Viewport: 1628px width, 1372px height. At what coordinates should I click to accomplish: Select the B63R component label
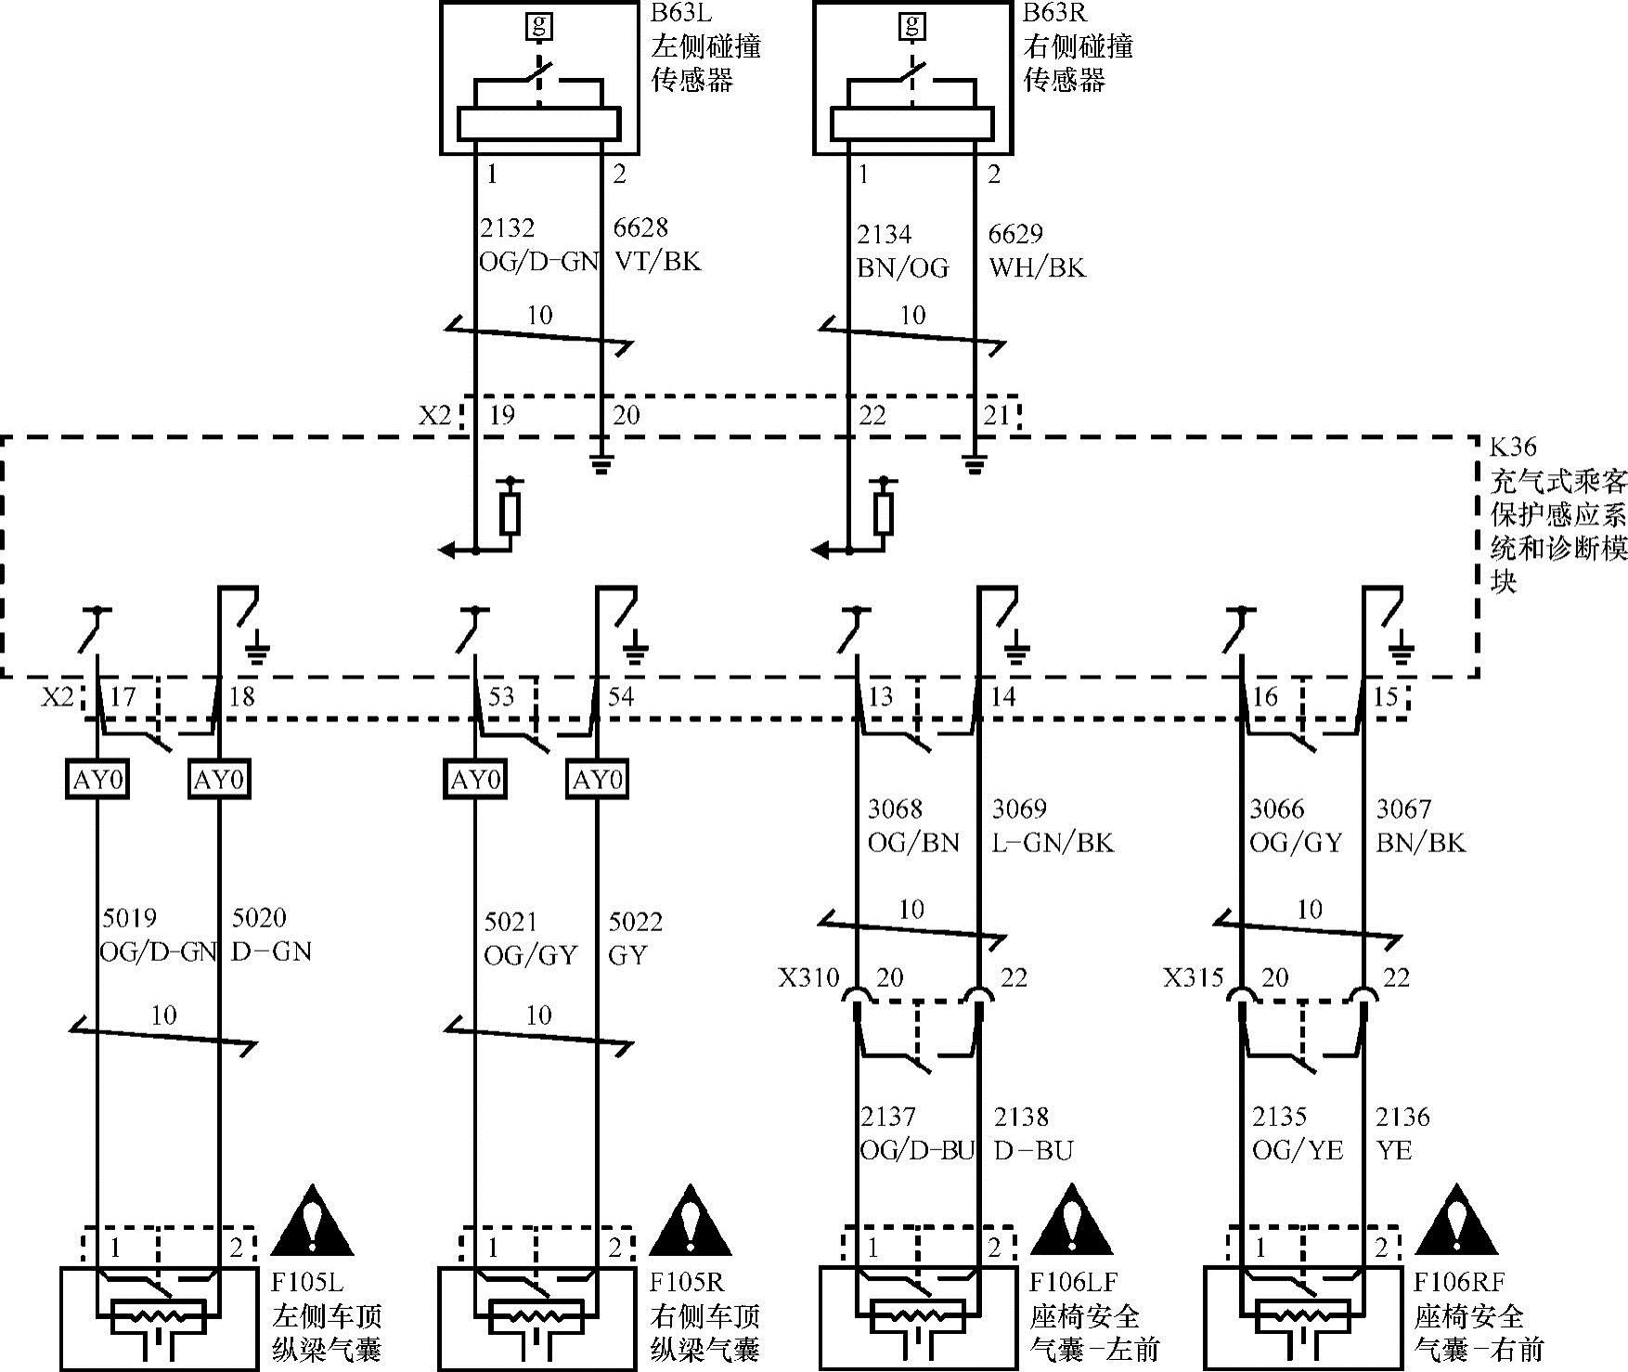1054,13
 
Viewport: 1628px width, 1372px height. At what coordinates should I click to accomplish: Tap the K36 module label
1514,447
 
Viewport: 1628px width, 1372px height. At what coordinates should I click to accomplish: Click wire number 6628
640,228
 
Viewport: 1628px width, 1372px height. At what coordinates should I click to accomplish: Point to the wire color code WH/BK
1037,268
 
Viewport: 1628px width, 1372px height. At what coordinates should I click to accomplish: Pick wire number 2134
885,234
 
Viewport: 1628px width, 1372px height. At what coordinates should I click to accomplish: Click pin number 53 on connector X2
500,696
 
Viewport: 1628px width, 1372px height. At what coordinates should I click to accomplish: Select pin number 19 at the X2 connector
501,415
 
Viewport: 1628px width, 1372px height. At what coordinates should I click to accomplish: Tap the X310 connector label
808,977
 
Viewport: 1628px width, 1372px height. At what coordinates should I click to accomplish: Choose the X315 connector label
1194,977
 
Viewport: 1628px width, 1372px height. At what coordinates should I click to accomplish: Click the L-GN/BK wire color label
1053,843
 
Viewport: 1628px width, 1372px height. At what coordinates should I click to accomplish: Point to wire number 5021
510,922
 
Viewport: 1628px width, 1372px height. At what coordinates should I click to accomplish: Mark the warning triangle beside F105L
313,1219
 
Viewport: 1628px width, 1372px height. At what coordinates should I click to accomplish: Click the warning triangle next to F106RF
1456,1219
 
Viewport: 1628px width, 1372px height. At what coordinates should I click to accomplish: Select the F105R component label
686,1283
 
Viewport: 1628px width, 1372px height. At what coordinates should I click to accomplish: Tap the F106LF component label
1073,1283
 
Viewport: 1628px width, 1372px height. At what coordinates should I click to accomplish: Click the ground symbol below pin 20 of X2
601,464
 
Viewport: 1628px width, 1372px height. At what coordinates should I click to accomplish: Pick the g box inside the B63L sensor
538,25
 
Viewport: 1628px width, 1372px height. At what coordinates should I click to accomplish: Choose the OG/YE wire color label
1298,1151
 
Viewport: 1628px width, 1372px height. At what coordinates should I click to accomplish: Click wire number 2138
1021,1117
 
